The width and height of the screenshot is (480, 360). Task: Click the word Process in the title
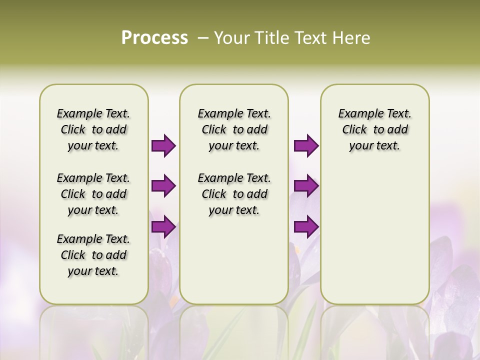(x=154, y=38)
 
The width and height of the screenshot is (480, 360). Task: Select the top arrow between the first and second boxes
(x=163, y=146)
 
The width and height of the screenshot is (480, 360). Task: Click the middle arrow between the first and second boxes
(x=163, y=186)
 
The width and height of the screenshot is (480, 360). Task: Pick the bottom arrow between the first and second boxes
(x=163, y=226)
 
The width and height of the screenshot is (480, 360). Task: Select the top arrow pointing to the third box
(x=306, y=146)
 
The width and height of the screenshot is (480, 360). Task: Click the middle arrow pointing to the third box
(x=306, y=186)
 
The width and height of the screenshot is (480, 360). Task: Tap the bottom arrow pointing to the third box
(x=306, y=226)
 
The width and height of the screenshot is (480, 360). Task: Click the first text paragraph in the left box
(x=93, y=129)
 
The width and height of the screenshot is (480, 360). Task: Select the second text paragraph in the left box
(x=93, y=194)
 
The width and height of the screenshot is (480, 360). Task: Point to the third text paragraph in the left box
(x=93, y=255)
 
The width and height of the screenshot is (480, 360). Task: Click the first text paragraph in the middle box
(x=234, y=129)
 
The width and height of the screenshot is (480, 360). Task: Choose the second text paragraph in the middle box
(x=234, y=194)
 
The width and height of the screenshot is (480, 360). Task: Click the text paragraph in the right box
(x=374, y=129)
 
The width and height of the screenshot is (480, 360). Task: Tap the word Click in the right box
(x=354, y=130)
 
